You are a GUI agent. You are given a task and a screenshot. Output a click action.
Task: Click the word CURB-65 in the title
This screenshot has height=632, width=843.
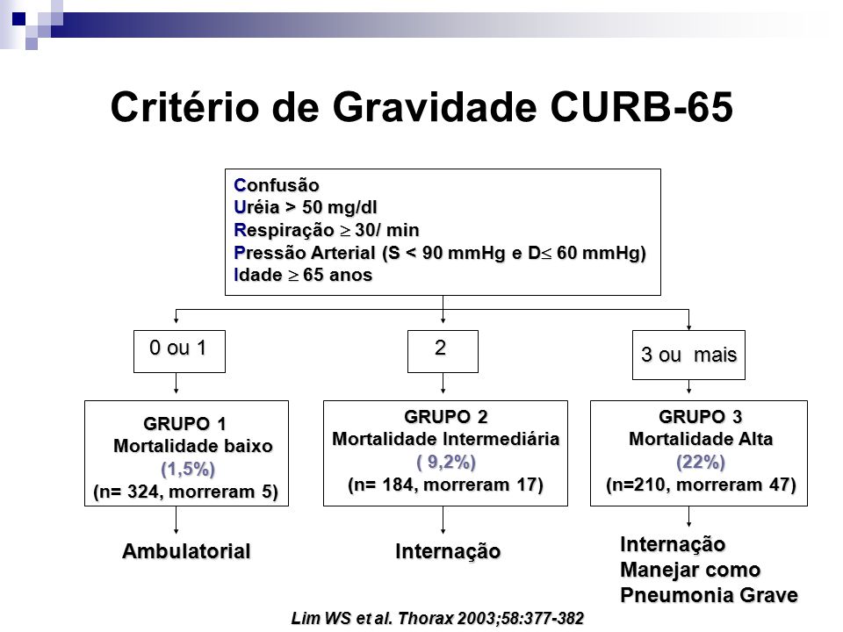pyautogui.click(x=641, y=107)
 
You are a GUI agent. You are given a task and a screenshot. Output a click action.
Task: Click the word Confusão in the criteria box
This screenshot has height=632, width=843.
pyautogui.click(x=277, y=185)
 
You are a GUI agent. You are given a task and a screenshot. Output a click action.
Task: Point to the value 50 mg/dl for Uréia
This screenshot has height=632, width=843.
pyautogui.click(x=339, y=207)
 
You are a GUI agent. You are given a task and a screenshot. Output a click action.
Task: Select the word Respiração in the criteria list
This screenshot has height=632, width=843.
pyautogui.click(x=284, y=231)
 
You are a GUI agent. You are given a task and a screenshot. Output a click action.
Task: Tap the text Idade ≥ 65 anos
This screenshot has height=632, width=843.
pyautogui.click(x=303, y=275)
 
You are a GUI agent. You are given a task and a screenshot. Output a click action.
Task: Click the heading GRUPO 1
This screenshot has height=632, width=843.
pyautogui.click(x=184, y=424)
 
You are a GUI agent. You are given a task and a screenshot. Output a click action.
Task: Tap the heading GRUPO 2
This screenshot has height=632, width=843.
pyautogui.click(x=446, y=417)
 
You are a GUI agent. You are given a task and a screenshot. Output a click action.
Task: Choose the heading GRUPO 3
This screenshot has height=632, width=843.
pyautogui.click(x=700, y=417)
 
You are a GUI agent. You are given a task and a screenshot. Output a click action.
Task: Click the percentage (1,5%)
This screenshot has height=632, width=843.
pyautogui.click(x=188, y=469)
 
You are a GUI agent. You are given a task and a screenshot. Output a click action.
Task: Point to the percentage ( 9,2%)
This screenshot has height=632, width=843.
pyautogui.click(x=446, y=463)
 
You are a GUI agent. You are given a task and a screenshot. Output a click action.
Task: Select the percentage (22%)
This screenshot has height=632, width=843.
pyautogui.click(x=701, y=463)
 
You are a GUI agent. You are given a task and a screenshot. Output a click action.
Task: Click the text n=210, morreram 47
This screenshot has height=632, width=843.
pyautogui.click(x=701, y=485)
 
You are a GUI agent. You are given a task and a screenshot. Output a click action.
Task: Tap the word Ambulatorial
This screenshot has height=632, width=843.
pyautogui.click(x=186, y=551)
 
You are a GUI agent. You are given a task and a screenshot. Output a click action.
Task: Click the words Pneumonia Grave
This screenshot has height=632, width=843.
pyautogui.click(x=709, y=595)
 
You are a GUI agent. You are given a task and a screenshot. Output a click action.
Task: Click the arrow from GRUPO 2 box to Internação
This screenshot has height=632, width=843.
pyautogui.click(x=443, y=520)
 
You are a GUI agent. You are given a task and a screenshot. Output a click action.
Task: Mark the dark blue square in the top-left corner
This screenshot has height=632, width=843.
pyautogui.click(x=18, y=19)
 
